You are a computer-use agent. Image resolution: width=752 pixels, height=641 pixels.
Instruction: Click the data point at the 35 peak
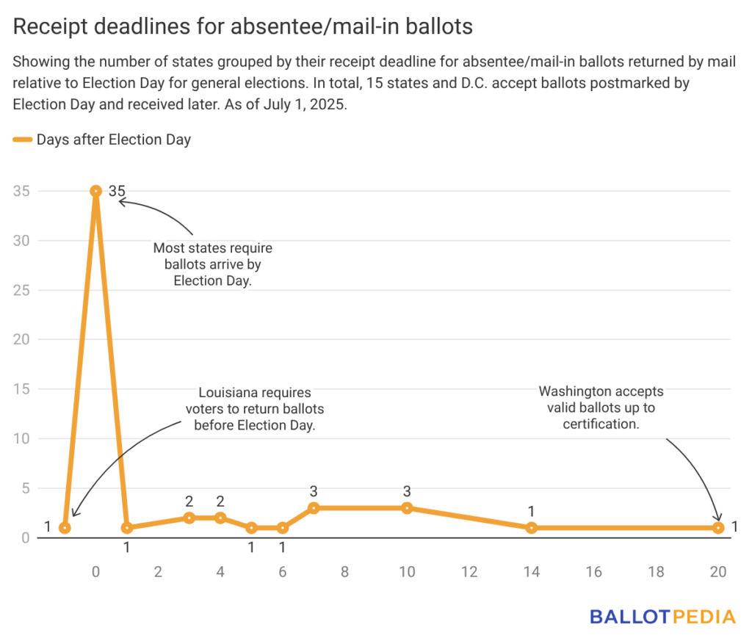click(x=95, y=191)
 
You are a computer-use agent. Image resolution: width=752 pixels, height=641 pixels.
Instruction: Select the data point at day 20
click(x=718, y=527)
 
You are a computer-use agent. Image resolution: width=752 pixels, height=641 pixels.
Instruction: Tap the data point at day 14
click(x=532, y=527)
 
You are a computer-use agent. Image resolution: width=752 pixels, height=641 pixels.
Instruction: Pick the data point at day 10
click(x=407, y=508)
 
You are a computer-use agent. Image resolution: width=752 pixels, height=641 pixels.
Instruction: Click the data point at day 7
click(x=314, y=508)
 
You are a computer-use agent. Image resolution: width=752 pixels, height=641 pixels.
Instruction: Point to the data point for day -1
click(x=65, y=527)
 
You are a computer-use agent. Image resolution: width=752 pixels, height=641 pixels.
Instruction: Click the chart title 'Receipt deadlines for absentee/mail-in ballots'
click(x=243, y=27)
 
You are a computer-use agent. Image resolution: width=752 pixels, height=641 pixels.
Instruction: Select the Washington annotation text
click(x=601, y=408)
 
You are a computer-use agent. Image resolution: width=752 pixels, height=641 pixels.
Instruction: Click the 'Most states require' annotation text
click(x=212, y=264)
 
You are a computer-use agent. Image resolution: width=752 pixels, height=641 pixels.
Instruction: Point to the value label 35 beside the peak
click(x=117, y=191)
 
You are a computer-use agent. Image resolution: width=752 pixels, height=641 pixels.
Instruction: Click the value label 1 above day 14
click(x=532, y=511)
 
